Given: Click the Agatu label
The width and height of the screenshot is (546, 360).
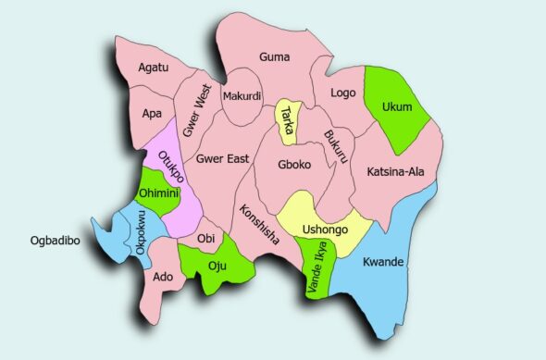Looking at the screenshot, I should click(155, 68).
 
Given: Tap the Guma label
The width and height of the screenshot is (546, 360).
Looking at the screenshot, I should click(275, 56).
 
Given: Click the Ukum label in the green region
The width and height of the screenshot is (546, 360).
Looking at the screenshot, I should click(396, 106).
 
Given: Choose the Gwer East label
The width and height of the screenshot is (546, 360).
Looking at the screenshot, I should click(223, 158).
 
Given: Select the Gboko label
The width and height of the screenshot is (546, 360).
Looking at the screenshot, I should click(293, 165).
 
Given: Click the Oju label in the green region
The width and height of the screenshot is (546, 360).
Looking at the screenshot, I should click(217, 267).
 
